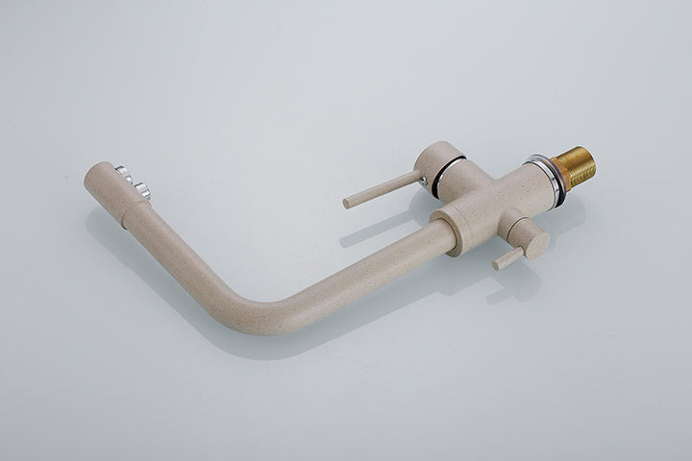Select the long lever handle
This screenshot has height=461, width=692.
tap(384, 187)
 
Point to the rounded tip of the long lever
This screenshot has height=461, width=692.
tap(348, 202)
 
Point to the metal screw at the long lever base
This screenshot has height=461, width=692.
tap(422, 176)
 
